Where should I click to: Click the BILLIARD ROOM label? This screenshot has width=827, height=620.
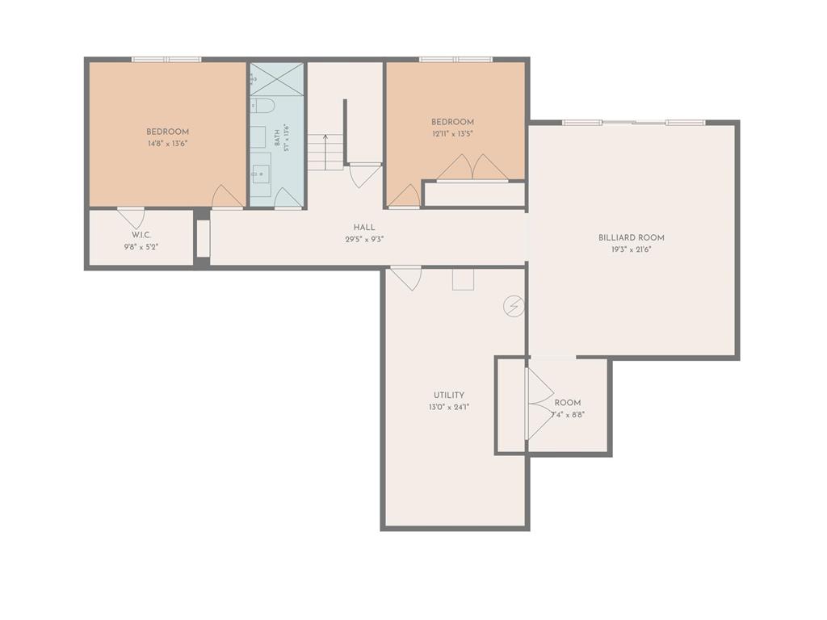(631, 238)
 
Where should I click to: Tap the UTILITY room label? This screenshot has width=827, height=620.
(449, 396)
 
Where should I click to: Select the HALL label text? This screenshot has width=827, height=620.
(364, 227)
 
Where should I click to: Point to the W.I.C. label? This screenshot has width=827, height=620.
(141, 235)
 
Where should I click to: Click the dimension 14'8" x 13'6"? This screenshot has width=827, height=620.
(168, 144)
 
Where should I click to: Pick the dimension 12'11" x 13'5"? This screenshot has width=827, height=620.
(452, 134)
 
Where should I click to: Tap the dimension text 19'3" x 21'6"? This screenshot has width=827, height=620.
(632, 250)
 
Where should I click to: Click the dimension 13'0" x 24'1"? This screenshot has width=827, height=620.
(449, 407)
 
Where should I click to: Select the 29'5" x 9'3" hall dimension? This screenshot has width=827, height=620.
(364, 239)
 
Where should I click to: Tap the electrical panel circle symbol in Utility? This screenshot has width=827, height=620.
(514, 306)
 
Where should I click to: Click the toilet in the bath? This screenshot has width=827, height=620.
(261, 106)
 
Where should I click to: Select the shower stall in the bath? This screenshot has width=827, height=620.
(277, 79)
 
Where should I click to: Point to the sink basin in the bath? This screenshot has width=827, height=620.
(261, 174)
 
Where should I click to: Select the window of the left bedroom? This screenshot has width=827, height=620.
(166, 60)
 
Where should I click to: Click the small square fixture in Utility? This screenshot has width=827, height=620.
(463, 279)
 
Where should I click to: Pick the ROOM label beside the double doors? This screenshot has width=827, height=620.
(568, 403)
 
